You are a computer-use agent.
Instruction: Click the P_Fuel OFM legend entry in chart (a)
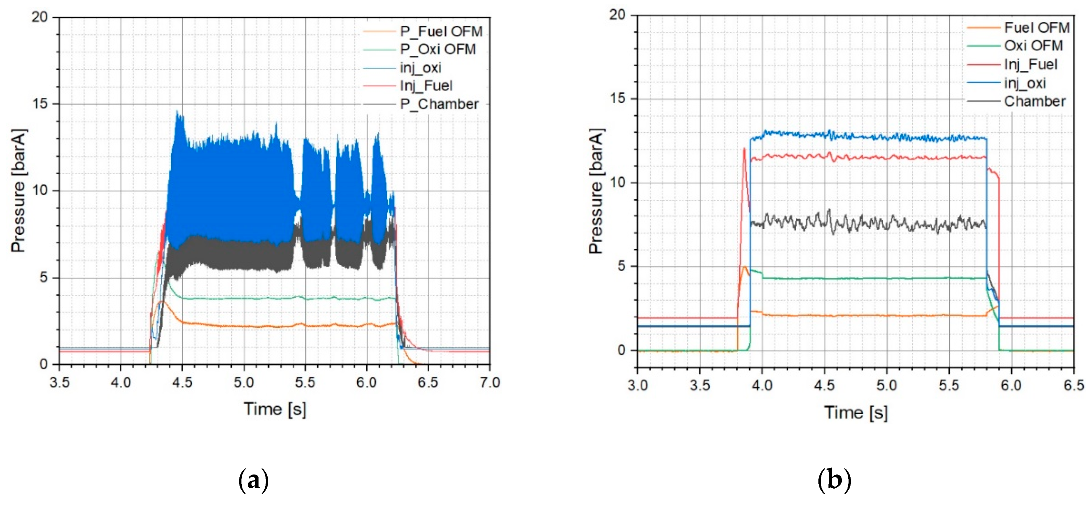click(441, 31)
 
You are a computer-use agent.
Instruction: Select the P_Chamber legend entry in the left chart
click(439, 104)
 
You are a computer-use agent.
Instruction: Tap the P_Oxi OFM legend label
click(438, 50)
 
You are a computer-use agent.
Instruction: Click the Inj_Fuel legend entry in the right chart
click(1030, 64)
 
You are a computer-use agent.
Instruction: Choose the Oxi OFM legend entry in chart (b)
click(1033, 46)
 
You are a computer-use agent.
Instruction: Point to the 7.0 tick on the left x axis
click(490, 383)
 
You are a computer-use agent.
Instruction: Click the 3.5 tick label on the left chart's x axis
click(60, 383)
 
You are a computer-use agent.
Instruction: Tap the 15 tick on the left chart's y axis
click(41, 104)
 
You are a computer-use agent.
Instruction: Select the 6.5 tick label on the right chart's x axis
click(1074, 386)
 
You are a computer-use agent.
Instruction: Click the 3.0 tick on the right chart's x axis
click(638, 386)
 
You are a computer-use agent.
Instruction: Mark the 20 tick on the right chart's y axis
click(617, 15)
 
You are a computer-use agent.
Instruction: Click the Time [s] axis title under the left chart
click(275, 409)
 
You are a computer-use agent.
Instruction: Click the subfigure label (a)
click(254, 481)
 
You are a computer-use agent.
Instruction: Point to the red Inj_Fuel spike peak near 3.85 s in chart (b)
click(744, 148)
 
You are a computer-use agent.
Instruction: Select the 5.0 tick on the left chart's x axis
click(244, 383)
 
